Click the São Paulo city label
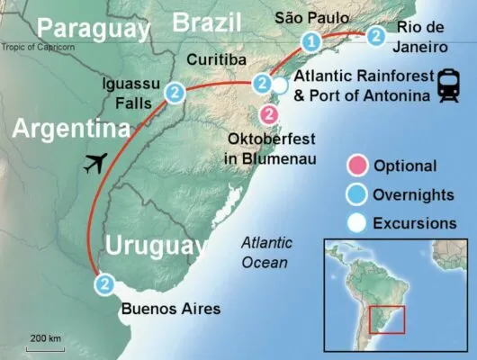click(x=307, y=17)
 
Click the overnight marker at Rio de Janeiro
click(x=375, y=36)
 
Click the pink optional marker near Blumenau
click(x=268, y=114)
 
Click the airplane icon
click(x=93, y=165)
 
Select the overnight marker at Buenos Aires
click(x=105, y=284)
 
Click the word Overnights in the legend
click(x=418, y=193)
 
